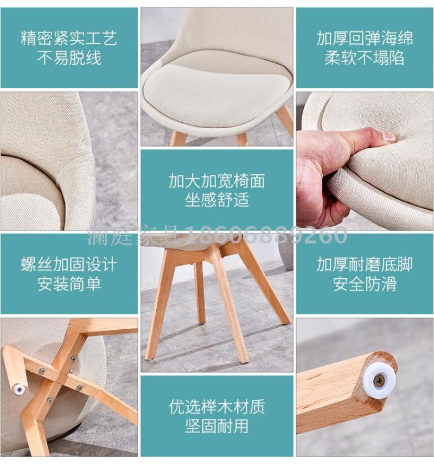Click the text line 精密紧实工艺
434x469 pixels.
pos(69,39)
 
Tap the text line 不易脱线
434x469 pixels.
pos(69,58)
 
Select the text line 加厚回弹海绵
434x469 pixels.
pos(365,39)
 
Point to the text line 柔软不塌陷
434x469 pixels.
pos(365,58)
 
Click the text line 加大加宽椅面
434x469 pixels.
pos(217,181)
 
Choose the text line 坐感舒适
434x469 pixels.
pos(217,200)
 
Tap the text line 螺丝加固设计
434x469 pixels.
pos(69,265)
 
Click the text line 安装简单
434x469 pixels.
pos(69,284)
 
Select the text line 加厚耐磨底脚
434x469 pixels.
pos(365,265)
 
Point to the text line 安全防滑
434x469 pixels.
pos(365,284)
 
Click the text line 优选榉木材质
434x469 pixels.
pos(217,407)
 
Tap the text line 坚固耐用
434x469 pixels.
pos(217,426)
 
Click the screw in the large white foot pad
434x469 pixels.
pos(380,381)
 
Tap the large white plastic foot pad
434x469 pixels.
pos(380,381)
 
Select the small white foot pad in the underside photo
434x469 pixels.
pos(20,389)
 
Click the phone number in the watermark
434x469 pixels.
pos(266,235)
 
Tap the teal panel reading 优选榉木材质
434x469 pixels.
pos(217,416)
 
